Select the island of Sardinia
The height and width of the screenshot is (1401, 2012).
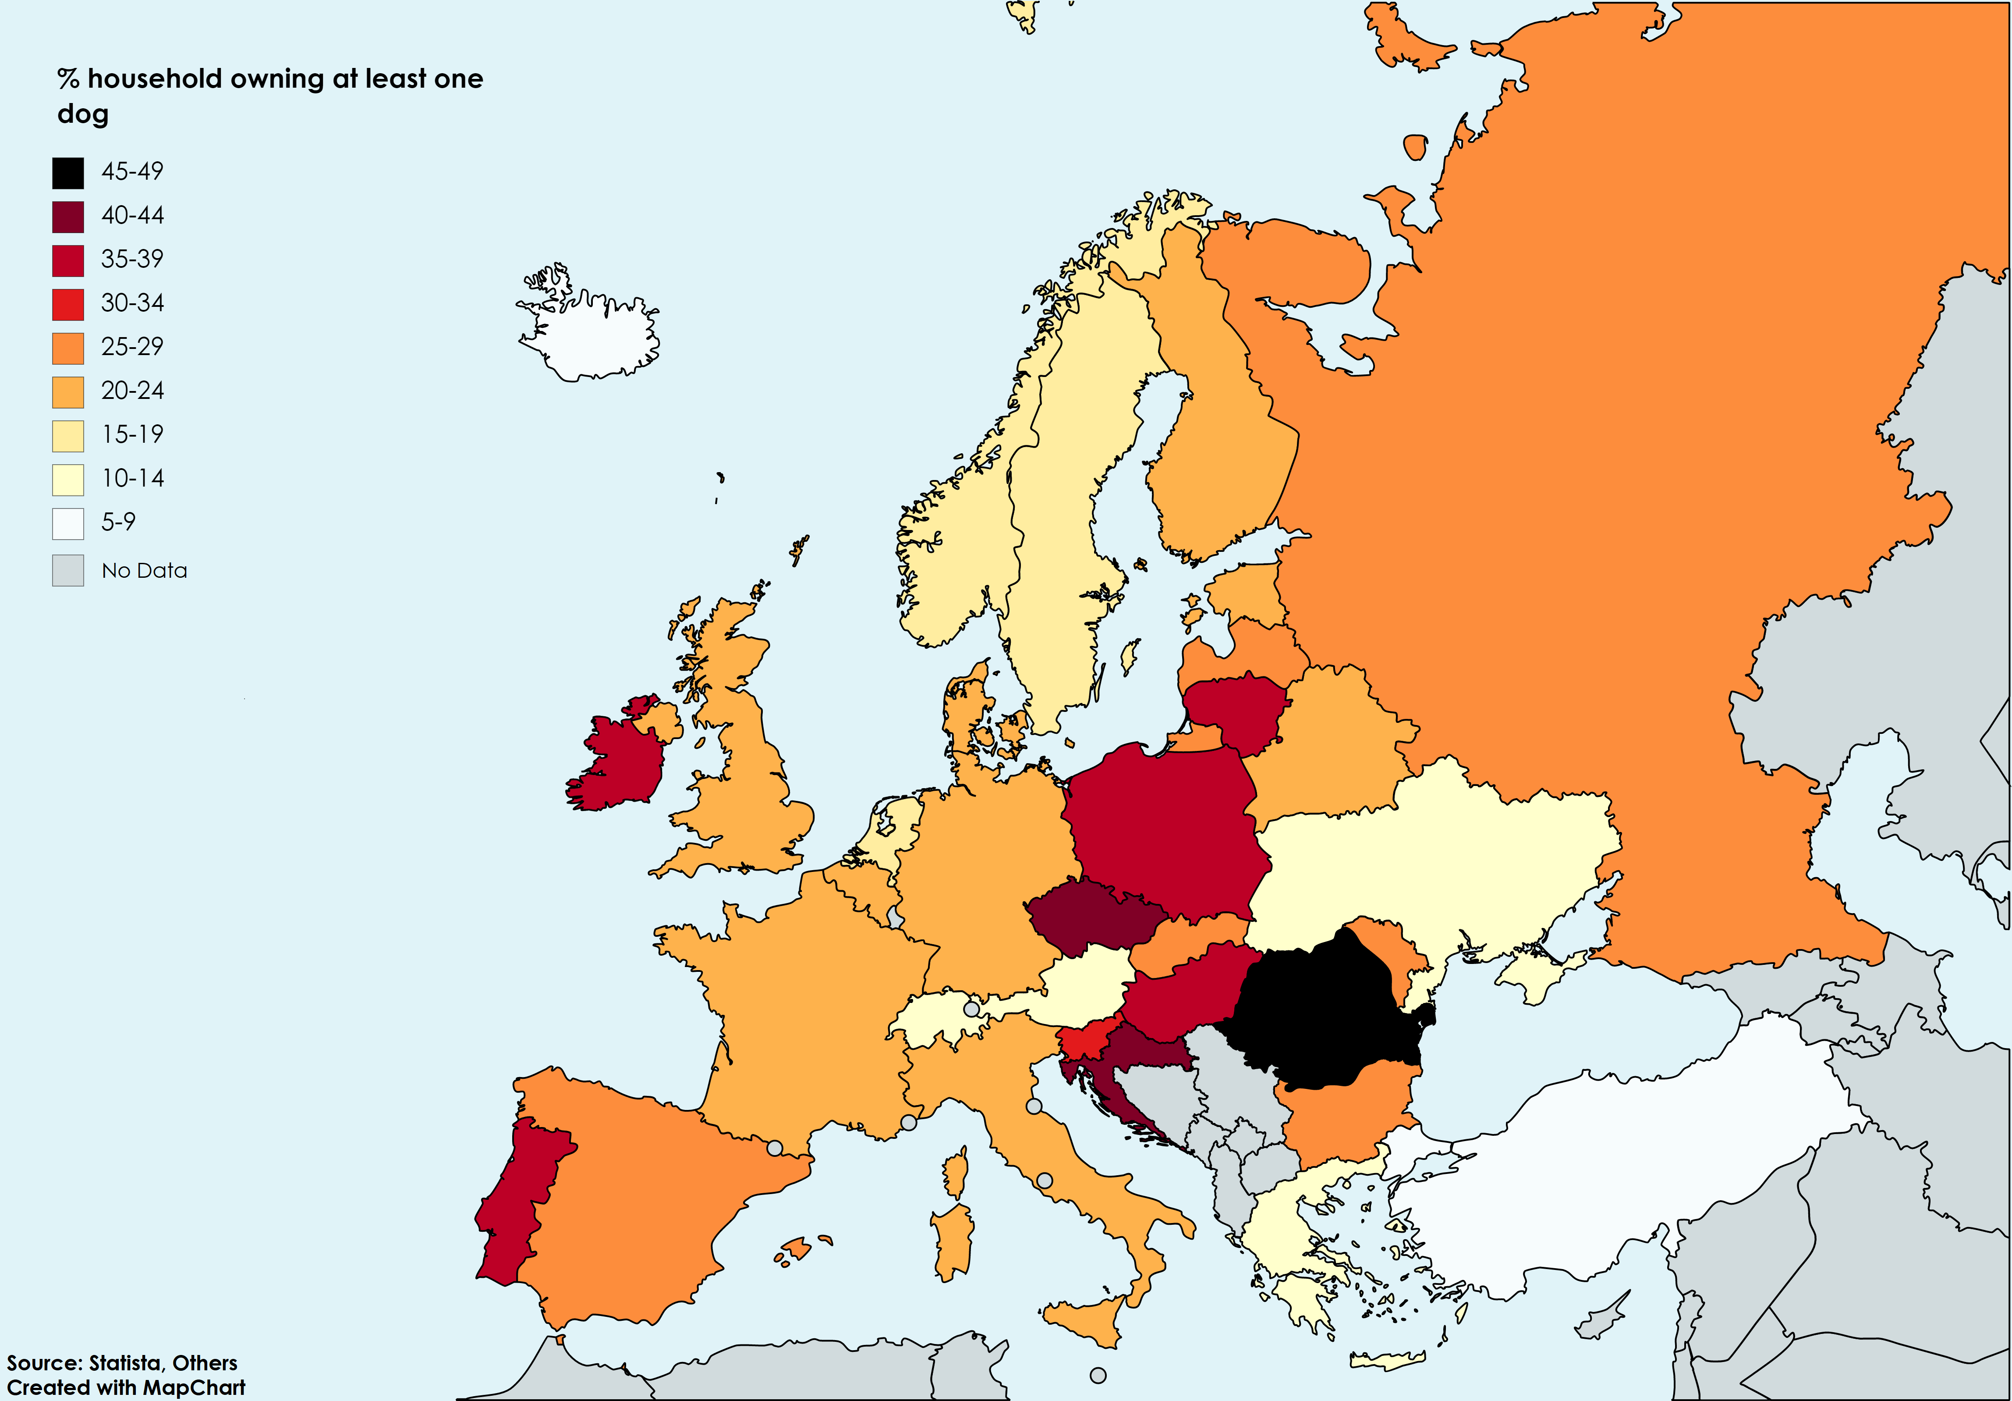coord(953,1241)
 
